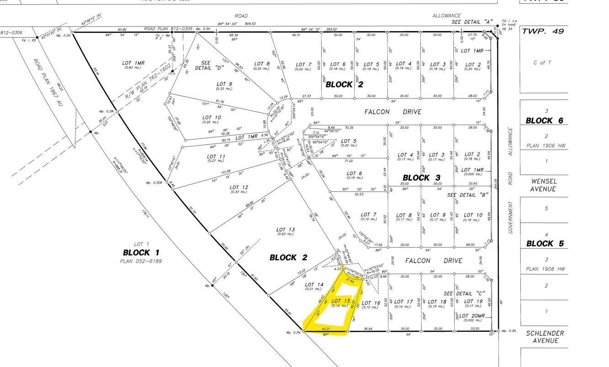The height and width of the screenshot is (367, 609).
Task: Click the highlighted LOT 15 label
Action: click(x=341, y=301)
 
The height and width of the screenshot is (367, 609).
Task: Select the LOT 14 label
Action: click(x=314, y=285)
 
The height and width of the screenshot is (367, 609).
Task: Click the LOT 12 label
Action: click(x=238, y=187)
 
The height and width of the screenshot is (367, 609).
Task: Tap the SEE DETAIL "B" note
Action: click(x=468, y=195)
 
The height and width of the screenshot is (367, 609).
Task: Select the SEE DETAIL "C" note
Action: click(x=464, y=293)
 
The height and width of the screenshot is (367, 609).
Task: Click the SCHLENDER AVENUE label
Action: click(x=545, y=337)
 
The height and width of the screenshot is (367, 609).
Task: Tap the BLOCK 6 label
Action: click(x=545, y=121)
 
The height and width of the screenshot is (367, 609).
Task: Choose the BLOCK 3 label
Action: click(x=421, y=178)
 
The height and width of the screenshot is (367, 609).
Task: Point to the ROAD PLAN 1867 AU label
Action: click(x=48, y=83)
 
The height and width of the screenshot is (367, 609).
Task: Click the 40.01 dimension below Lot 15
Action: click(x=326, y=329)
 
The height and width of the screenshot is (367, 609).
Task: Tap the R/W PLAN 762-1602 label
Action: click(x=148, y=82)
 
